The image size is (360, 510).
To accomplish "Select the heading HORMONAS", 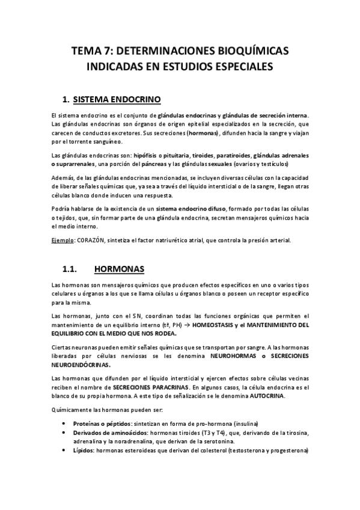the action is coord(123,268).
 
